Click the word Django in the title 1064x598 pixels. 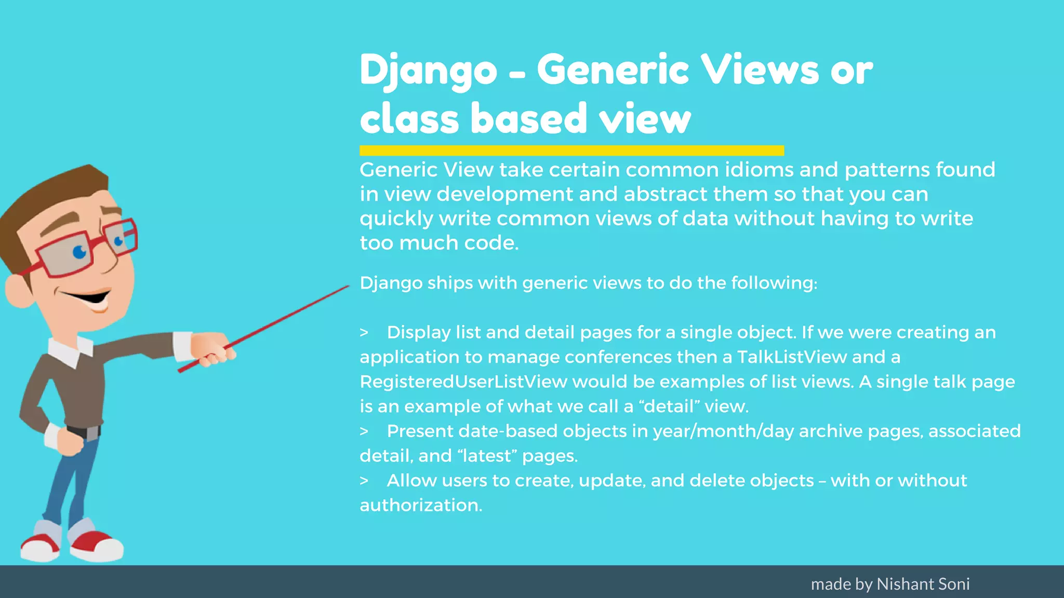(x=428, y=71)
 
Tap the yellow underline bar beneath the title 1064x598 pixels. (x=571, y=151)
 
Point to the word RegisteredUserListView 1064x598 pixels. (x=463, y=382)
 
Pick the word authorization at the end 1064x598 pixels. (x=421, y=505)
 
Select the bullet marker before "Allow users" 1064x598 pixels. (x=364, y=481)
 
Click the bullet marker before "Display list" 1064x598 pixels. (x=364, y=333)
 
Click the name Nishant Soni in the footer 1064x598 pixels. (x=923, y=584)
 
